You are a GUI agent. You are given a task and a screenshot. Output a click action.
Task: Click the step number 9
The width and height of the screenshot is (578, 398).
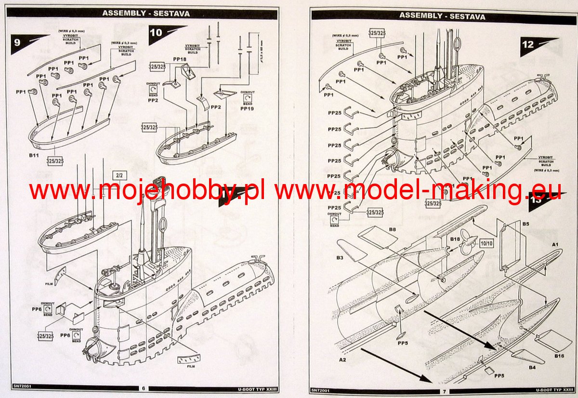17,42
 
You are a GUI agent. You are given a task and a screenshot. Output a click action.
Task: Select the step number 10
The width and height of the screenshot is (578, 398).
157,33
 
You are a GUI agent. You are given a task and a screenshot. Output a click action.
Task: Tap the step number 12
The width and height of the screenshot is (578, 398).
528,44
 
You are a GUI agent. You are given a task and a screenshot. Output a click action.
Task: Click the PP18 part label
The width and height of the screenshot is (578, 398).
180,59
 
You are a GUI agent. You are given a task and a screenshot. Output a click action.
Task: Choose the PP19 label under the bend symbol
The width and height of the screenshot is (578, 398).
247,109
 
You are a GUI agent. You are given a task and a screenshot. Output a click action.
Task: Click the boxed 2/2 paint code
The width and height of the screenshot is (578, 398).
119,175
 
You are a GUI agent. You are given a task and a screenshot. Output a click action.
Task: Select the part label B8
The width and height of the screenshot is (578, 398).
393,230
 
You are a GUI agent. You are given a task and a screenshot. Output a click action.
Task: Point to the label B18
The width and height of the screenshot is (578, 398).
455,239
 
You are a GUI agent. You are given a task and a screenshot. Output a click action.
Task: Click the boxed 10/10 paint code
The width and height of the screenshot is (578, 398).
486,244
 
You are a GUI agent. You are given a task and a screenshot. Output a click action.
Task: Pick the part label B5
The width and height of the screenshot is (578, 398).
525,224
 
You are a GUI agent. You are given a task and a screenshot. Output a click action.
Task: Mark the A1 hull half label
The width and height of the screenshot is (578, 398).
555,245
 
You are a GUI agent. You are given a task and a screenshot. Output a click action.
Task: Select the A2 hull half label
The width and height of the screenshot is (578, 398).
342,360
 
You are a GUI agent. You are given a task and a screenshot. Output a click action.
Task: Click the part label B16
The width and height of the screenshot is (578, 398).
559,356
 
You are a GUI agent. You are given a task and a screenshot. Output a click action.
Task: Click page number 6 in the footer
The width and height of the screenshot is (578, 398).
143,388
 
